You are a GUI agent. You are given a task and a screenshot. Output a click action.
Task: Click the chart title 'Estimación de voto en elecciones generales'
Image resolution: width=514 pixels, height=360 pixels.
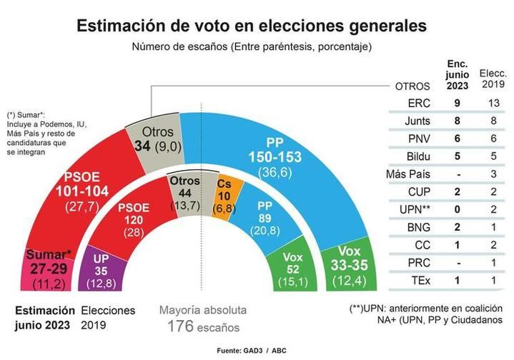(x=252, y=26)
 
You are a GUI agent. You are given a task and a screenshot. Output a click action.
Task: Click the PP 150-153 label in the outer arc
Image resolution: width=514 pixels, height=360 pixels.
(x=275, y=156)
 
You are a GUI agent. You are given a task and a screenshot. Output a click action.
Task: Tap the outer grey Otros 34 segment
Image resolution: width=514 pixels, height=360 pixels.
(x=152, y=139)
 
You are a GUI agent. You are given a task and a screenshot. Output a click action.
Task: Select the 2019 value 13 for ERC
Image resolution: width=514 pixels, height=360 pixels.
(x=493, y=103)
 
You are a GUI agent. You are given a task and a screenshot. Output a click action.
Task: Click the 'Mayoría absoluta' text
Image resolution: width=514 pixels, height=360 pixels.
(x=202, y=311)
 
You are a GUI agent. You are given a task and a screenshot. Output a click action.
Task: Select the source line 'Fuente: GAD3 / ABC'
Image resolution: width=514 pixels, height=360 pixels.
(x=253, y=351)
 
